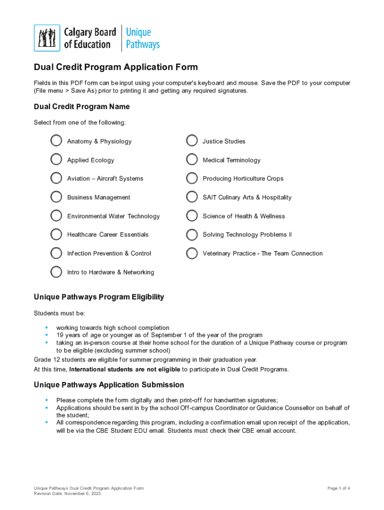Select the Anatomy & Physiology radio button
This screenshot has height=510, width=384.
56,141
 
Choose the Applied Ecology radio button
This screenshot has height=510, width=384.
56,159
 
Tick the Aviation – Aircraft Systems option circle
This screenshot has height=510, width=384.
56,178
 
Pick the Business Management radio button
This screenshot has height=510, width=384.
56,197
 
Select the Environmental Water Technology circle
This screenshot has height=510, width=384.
56,216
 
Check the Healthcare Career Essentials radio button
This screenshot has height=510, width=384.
56,234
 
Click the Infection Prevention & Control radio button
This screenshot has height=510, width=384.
56,253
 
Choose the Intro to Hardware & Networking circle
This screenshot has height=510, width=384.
56,272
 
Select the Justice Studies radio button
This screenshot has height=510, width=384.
192,141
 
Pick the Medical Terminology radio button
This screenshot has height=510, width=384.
192,159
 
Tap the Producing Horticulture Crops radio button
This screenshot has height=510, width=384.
192,178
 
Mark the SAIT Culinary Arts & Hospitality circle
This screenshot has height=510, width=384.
192,197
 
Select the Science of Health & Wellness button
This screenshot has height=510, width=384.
192,216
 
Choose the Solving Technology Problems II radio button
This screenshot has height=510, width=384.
192,234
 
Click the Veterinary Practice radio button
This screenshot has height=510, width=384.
192,253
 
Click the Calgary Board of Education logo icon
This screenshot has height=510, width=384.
47,38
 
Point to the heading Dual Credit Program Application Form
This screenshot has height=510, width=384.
116,67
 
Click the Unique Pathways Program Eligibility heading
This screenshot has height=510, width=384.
99,297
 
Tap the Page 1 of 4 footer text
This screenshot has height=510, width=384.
339,488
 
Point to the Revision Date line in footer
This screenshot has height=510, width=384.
67,494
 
